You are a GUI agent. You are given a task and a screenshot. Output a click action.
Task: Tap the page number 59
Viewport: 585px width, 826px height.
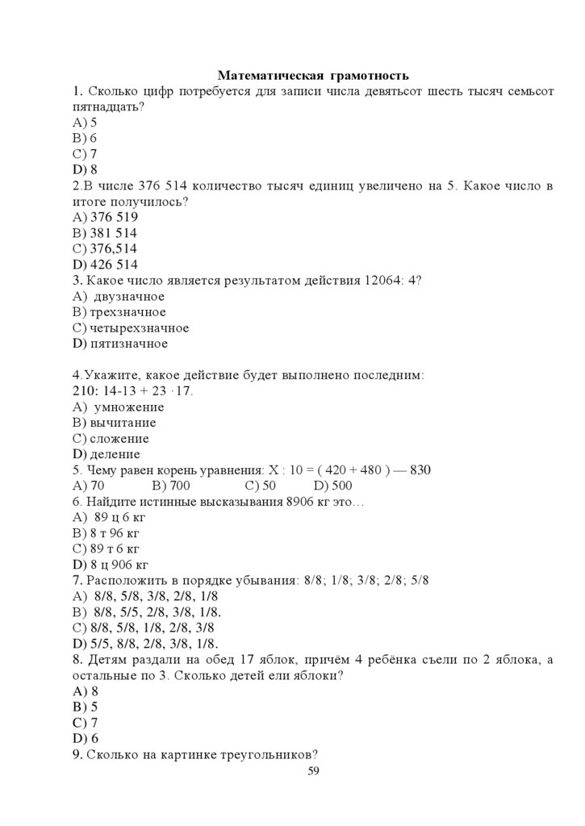[314, 772]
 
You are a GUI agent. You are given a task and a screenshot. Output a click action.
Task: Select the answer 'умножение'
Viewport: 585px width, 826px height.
[129, 407]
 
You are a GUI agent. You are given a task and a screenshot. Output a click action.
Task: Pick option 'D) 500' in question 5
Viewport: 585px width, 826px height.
[332, 486]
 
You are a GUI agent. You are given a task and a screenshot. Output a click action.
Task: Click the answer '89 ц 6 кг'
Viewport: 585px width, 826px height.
[118, 517]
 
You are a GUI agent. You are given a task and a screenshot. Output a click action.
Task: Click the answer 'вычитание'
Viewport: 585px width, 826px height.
[123, 423]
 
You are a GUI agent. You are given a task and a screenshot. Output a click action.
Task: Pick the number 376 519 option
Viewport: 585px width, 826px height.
[114, 218]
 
